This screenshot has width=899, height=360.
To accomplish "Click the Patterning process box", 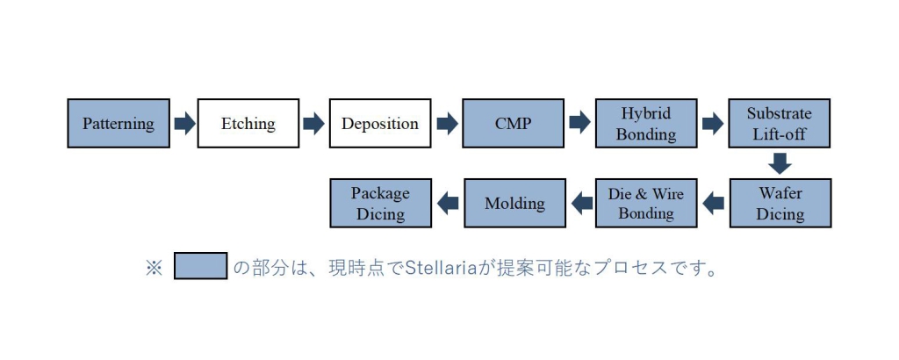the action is point(119,123).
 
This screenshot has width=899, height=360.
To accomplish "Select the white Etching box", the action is point(248,123).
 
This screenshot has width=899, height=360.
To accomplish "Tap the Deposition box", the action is point(380,123).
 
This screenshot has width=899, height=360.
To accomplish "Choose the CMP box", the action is point(513,123).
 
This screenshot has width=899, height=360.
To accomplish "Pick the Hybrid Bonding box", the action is point(646,123).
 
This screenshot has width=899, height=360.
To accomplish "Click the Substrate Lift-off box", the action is point(780,123).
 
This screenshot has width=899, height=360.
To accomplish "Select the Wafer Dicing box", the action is point(780,203).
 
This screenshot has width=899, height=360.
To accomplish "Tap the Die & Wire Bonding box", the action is point(646,203).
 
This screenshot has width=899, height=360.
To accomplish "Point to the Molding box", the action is point(514,203).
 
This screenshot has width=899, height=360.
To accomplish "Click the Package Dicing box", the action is point(381,203).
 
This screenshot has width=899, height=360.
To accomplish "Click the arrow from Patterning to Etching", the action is point(184,123).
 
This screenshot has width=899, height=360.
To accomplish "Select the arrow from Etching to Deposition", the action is point(313,123).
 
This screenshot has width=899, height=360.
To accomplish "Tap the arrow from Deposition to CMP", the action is point(447,123).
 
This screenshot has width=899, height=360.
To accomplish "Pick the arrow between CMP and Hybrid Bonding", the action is point(579,123).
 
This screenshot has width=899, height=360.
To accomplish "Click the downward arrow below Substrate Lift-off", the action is point(780,163).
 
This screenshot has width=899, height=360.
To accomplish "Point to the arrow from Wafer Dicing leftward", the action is point(713,203).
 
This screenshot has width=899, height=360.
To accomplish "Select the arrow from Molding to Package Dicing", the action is point(448,203).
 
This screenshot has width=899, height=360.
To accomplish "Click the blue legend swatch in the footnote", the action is point(201,266).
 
